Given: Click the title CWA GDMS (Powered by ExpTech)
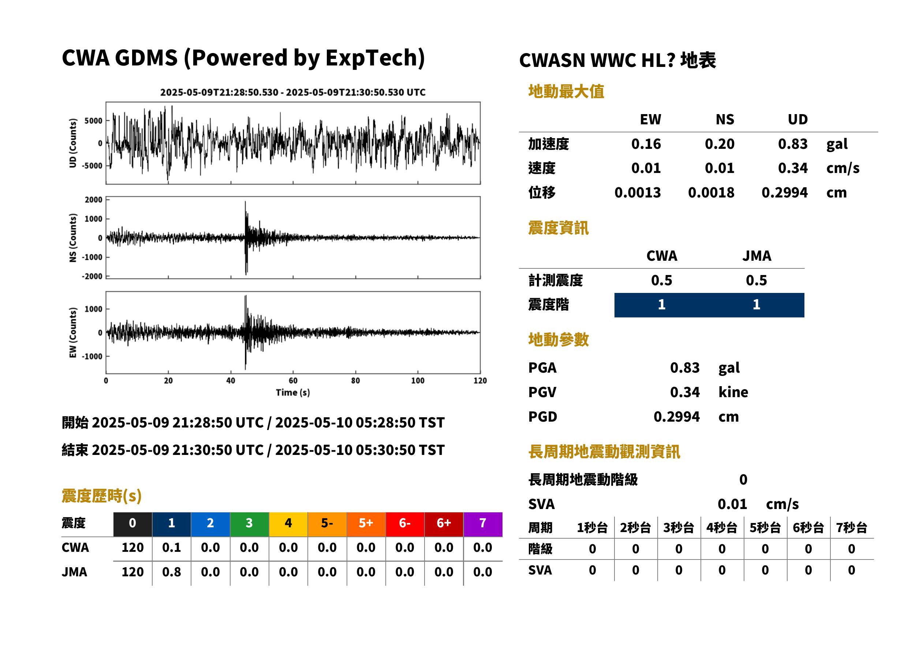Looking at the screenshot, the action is point(243,58).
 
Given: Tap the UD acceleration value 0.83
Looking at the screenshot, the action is point(793,144).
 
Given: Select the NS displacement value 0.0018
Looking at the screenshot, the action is point(711,193).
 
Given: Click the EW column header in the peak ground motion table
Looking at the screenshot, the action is point(650,119).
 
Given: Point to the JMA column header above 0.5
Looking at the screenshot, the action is point(757,256).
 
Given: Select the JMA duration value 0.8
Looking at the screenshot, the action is point(171,572).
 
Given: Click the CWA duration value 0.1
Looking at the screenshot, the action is point(171,547).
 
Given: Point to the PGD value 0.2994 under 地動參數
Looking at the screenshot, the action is point(676,417).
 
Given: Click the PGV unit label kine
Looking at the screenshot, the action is point(733,392).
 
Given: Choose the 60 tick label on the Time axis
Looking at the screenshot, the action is point(293,381).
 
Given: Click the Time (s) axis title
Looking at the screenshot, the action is point(293,393).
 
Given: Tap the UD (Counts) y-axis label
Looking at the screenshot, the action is point(73,143).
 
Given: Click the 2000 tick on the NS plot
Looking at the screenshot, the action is point(93,200).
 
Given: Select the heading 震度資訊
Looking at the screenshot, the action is point(558,228).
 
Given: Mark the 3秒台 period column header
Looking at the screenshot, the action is point(679,528).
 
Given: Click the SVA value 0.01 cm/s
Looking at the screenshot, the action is point(758,504).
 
